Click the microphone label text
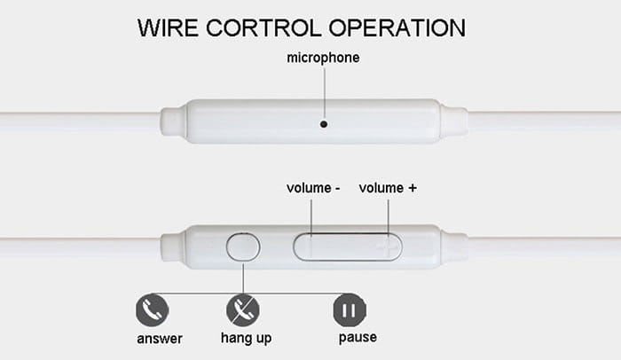pyautogui.click(x=323, y=59)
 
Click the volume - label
pyautogui.click(x=312, y=188)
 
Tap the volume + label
pyautogui.click(x=388, y=188)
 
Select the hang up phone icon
pyautogui.click(x=243, y=311)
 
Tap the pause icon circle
pyautogui.click(x=348, y=311)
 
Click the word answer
pyautogui.click(x=160, y=339)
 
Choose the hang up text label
pyautogui.click(x=246, y=339)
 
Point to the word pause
pyautogui.click(x=358, y=338)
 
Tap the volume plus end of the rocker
pyautogui.click(x=385, y=247)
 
